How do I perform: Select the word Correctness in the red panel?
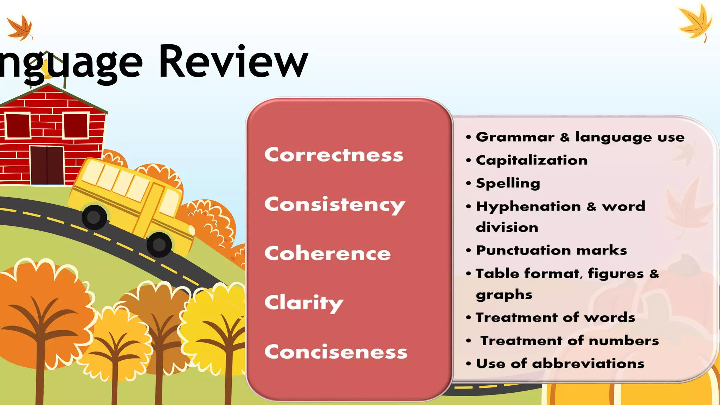tap(334, 155)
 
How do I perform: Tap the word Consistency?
tap(334, 205)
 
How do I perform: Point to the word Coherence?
tap(327, 253)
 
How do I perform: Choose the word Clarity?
tap(303, 303)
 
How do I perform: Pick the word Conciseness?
tap(336, 352)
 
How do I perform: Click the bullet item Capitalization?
tap(532, 160)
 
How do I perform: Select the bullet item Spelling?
tap(508, 183)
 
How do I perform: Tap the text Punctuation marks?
tap(551, 250)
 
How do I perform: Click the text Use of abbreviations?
tap(560, 364)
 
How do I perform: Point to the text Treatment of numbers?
tap(570, 341)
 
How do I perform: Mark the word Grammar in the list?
tap(515, 137)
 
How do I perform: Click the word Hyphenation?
tap(528, 206)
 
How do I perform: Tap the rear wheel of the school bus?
tap(94, 217)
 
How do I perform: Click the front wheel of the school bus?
tap(159, 244)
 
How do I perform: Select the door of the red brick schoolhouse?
tap(47, 165)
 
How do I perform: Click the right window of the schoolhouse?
tap(76, 126)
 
